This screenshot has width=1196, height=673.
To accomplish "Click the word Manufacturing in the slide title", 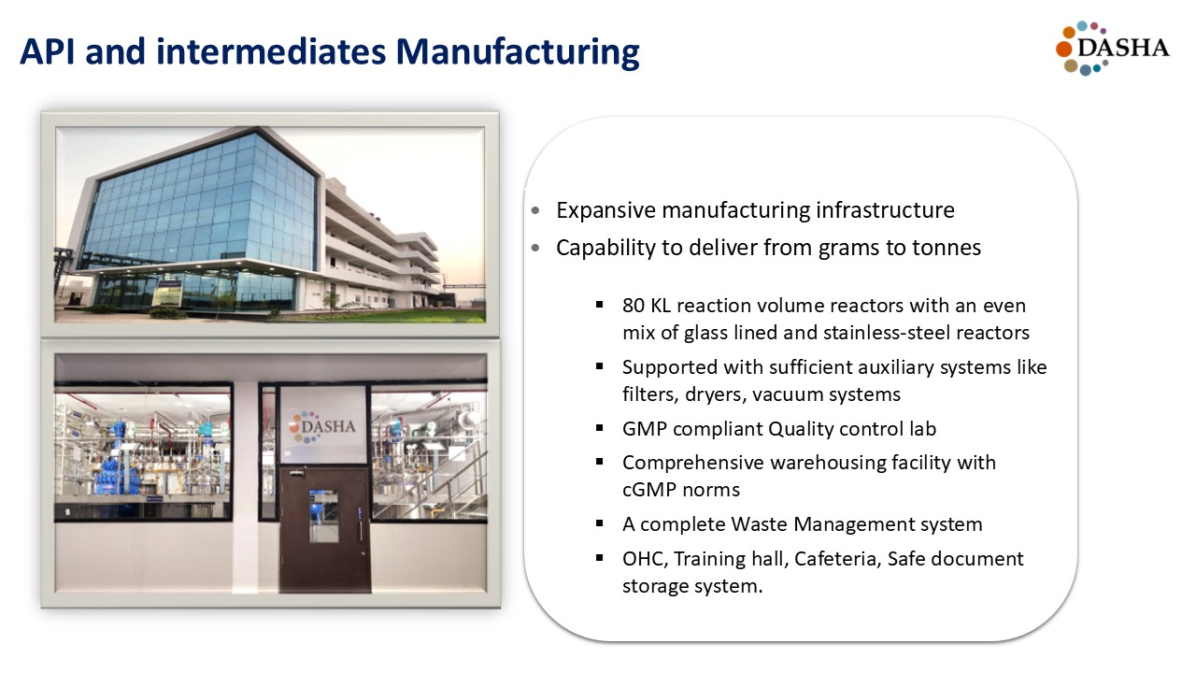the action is point(517,52).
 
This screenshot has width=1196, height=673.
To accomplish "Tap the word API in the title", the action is point(47,51).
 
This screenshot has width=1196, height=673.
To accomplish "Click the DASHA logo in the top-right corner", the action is point(1112,48).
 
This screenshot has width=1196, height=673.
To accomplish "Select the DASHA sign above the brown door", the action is point(322,426).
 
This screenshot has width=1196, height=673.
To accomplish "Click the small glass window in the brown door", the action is point(323,515).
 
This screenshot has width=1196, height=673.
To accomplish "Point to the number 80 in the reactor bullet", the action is point(634,306).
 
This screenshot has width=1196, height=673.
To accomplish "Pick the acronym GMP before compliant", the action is point(645,429).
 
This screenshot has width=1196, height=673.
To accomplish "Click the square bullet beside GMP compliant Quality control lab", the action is point(600,428).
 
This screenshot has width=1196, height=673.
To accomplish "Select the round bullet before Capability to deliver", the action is point(535,249).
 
